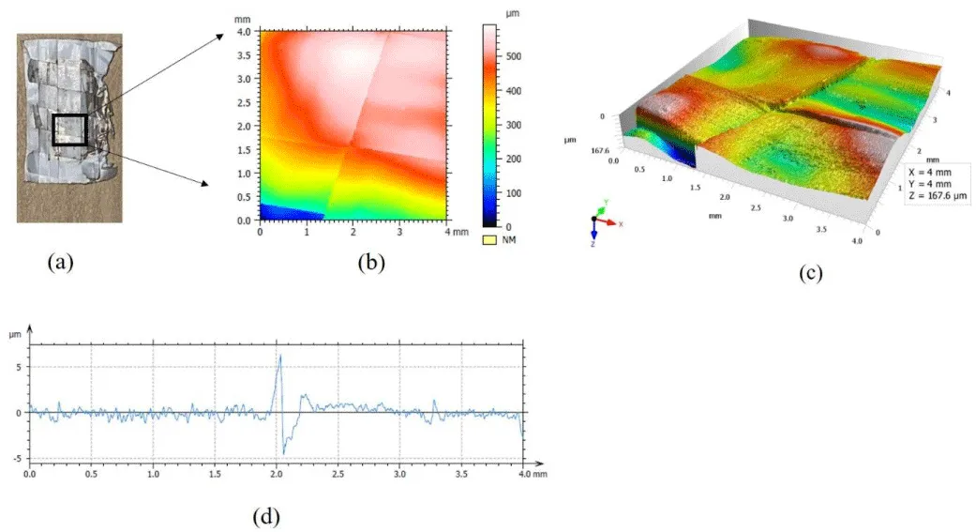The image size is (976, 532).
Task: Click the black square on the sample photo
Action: (53, 129)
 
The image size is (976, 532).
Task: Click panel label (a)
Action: (60, 262)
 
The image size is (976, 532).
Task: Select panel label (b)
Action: (371, 263)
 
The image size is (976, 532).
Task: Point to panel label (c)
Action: (810, 273)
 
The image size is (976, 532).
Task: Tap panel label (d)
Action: (265, 516)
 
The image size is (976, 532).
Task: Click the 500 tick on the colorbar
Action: (514, 56)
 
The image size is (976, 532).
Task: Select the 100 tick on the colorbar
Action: (514, 193)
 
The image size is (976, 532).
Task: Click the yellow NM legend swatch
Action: (489, 240)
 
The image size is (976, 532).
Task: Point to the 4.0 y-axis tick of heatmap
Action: (244, 32)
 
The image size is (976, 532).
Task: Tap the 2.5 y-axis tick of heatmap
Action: (244, 103)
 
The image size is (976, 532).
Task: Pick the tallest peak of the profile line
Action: (280, 355)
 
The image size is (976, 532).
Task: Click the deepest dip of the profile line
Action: (284, 453)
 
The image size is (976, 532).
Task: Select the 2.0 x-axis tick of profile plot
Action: (277, 474)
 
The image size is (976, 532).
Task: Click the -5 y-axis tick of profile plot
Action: (18, 459)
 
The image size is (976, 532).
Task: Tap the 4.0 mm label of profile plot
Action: (534, 474)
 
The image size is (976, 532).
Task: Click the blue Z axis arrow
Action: (594, 229)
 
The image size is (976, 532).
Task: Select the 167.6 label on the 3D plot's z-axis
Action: (601, 151)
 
